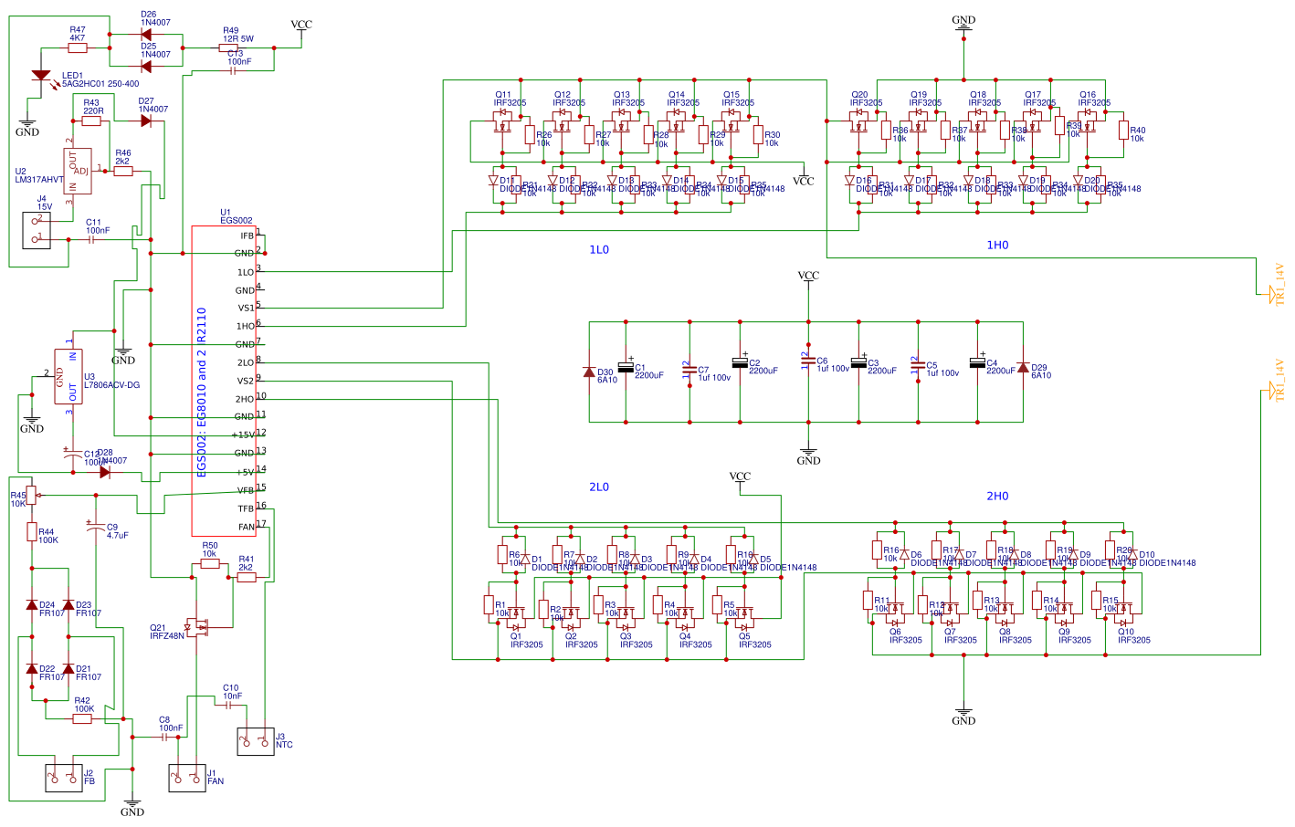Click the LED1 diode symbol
tap(41, 76)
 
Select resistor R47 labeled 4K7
tap(77, 47)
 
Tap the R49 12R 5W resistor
tap(232, 47)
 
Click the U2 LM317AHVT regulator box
tap(78, 171)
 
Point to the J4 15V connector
tap(37, 230)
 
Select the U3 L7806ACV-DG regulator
tap(68, 376)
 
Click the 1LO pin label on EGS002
tap(245, 272)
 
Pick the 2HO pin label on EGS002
tap(245, 399)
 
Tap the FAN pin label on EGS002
tap(247, 527)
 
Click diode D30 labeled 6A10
tap(589, 372)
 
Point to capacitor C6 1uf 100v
tap(808, 362)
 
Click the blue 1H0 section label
tap(997, 246)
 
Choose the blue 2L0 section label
tap(599, 487)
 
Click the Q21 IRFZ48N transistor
tap(197, 626)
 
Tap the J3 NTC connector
tap(256, 741)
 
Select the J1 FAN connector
tap(187, 777)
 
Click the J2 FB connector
tap(63, 778)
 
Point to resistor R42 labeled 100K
tap(82, 718)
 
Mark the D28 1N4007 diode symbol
tap(105, 472)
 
